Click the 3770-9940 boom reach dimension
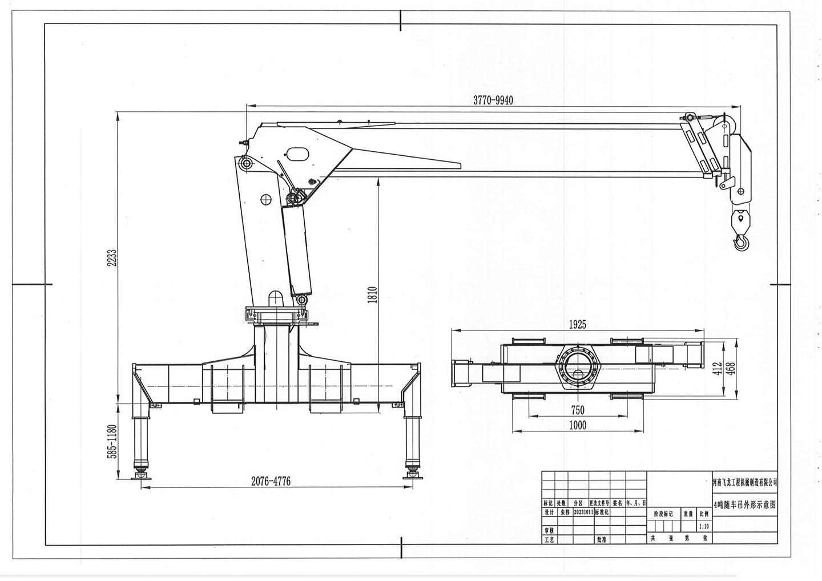coord(493,100)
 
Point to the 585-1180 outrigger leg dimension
coord(112,441)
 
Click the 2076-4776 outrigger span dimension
coord(271,481)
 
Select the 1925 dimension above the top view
coord(577,325)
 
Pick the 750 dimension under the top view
coord(577,410)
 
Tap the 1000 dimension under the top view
coord(577,425)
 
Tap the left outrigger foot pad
coord(139,475)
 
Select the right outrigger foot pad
coord(411,475)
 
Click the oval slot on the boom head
coord(297,154)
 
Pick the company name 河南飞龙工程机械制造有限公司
coord(745,482)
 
